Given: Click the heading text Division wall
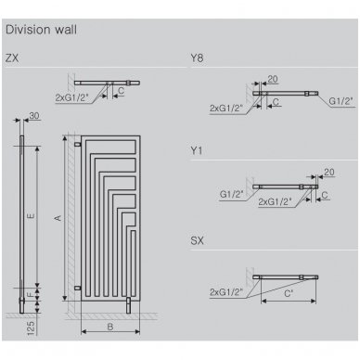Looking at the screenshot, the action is pyautogui.click(x=41, y=30).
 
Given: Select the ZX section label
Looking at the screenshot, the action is pyautogui.click(x=12, y=58).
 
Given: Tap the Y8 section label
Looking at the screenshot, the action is pyautogui.click(x=197, y=58).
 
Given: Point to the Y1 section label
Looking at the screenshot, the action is pyautogui.click(x=197, y=150).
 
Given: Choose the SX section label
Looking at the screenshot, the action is pyautogui.click(x=198, y=240).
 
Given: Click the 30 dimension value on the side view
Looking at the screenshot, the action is pyautogui.click(x=34, y=116).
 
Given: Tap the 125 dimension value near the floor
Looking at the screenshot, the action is pyautogui.click(x=31, y=328).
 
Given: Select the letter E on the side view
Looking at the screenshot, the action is pyautogui.click(x=31, y=216).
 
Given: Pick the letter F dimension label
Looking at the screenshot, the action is pyautogui.click(x=31, y=294).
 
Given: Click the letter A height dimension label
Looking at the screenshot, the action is pyautogui.click(x=58, y=218).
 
